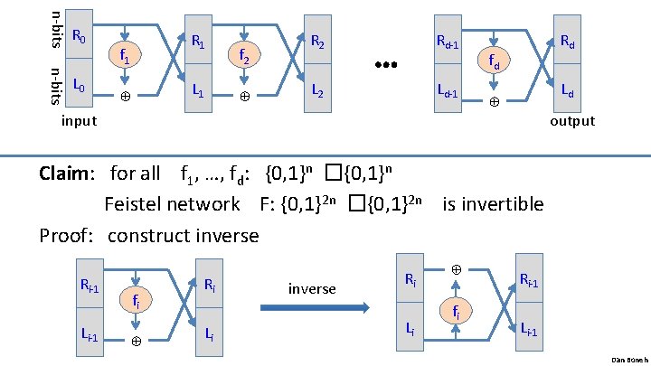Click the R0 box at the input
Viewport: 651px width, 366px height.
coord(80,39)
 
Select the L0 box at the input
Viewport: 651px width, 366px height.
coord(80,89)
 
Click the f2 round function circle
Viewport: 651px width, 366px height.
coord(244,55)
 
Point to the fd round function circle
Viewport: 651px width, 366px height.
coord(494,61)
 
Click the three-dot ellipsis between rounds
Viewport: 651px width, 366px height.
coord(386,66)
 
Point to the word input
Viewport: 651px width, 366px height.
coord(79,121)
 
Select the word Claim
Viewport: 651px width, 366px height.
coord(69,173)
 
